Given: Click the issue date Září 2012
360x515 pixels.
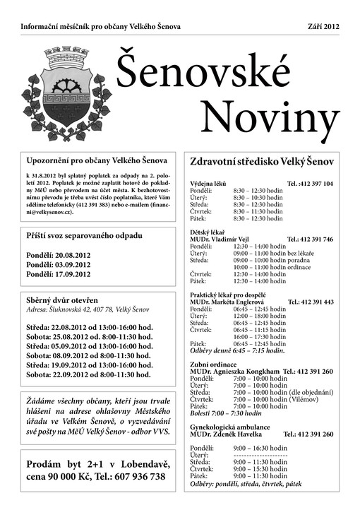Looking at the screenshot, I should coord(323,26).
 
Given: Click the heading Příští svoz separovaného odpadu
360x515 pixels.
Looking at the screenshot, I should coord(84,235).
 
